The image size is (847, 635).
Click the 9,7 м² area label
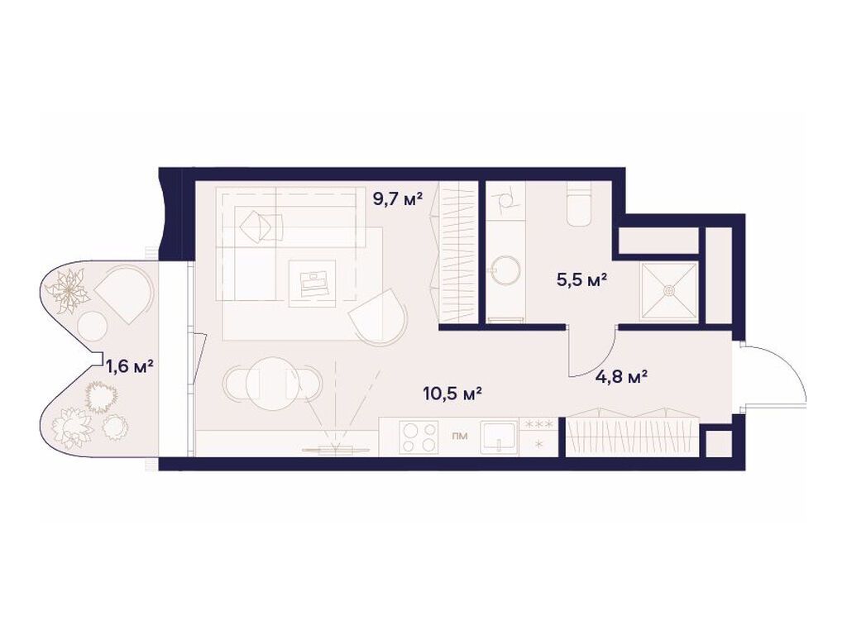click(x=398, y=198)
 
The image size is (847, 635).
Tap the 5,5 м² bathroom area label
click(x=581, y=279)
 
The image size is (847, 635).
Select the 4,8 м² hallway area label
click(x=621, y=377)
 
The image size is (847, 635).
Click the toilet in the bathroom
click(x=579, y=204)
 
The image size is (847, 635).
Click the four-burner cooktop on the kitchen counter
click(x=419, y=436)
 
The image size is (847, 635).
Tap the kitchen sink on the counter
click(x=498, y=436)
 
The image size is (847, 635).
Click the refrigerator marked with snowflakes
click(x=539, y=436)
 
